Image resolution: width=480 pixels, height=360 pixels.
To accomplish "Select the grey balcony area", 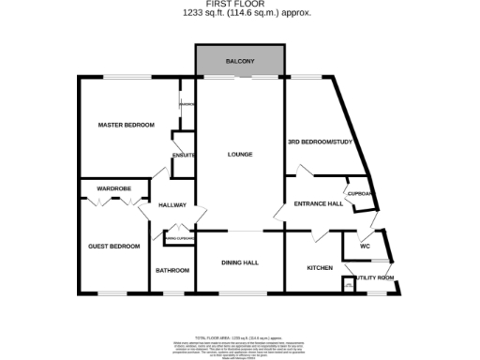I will tap(240, 62).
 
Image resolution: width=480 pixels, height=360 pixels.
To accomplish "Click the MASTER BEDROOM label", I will tap(126, 125).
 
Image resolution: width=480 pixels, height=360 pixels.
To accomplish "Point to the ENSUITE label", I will tap(183, 155).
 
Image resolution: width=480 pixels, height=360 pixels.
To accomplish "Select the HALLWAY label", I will tap(172, 205).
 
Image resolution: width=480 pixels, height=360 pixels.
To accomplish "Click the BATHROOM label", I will tap(172, 270).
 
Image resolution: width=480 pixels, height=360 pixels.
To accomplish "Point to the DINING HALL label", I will tap(240, 263).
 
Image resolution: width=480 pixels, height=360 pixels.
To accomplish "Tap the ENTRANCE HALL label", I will tap(318, 203).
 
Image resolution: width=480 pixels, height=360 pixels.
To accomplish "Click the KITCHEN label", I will tap(320, 268).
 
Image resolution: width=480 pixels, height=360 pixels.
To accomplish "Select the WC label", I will tap(365, 247).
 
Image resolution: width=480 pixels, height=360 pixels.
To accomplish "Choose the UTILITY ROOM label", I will tap(372, 277).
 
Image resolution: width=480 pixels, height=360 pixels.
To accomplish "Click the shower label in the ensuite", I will tap(187, 104).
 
